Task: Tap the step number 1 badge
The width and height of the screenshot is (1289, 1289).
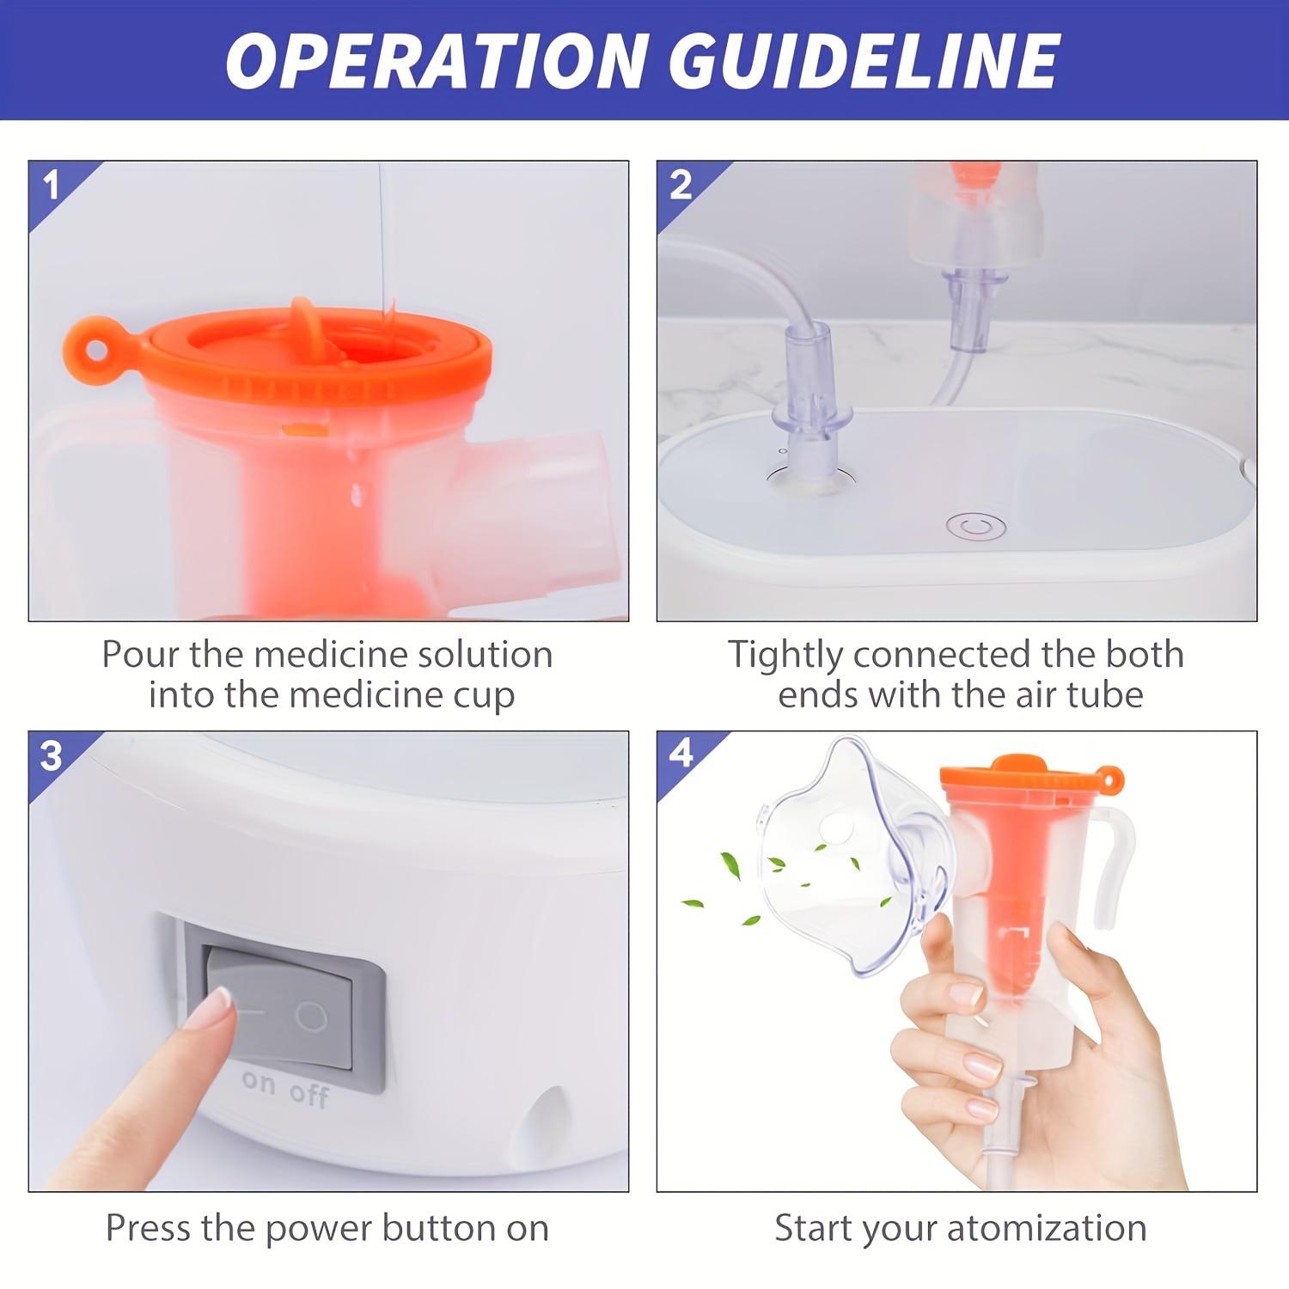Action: [52, 185]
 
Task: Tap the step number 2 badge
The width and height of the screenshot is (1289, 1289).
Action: [681, 185]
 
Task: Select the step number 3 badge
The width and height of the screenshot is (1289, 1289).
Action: [52, 755]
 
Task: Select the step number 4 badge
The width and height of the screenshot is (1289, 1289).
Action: [681, 754]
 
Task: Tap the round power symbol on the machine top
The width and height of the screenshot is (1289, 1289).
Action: [975, 526]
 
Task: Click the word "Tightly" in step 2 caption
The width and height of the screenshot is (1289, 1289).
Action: [785, 655]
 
